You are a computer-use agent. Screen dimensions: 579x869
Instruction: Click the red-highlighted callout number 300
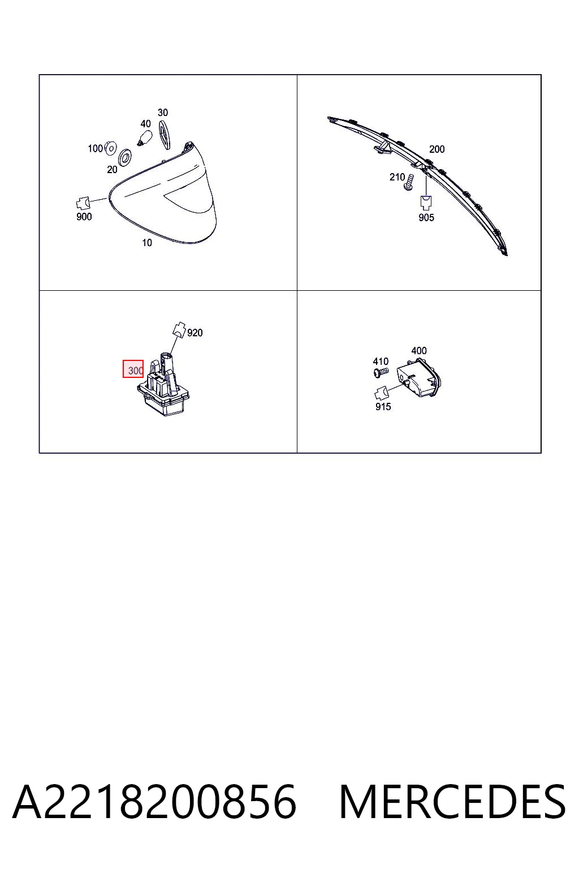pos(135,371)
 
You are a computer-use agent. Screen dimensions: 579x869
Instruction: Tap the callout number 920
pos(195,333)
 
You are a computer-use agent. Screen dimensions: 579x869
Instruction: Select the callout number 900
pos(84,217)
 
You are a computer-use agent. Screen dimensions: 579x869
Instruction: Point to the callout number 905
pos(426,218)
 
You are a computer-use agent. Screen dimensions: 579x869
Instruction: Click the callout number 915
pos(383,407)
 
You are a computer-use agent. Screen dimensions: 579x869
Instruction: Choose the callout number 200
pos(437,149)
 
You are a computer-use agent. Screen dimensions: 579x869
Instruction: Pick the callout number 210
pos(397,177)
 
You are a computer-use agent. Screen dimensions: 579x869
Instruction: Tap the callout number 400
pos(419,351)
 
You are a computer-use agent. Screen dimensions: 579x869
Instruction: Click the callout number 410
pos(381,362)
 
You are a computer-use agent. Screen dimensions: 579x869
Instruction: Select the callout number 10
pos(147,243)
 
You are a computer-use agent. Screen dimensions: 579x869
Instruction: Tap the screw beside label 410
pos(381,373)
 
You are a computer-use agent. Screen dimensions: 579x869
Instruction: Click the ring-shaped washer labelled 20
pos(126,157)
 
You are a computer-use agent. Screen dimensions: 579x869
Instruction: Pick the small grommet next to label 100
pos(110,148)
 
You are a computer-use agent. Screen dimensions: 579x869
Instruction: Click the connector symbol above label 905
pos(426,203)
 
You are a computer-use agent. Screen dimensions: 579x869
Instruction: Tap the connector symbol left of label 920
pos(179,329)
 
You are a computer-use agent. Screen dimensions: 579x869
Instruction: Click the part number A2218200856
pos(154,802)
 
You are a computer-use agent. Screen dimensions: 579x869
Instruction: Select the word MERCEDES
pos(452,802)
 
